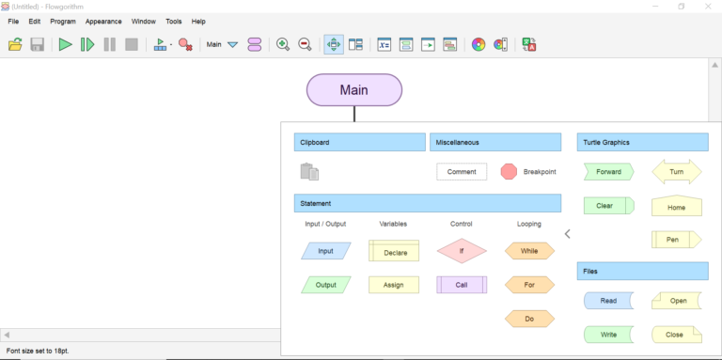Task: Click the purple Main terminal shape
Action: click(x=354, y=90)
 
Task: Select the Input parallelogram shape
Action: click(x=325, y=251)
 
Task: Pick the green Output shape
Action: click(x=325, y=285)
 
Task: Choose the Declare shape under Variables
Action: click(x=394, y=251)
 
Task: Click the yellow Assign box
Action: click(x=394, y=285)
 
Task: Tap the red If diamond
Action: click(x=462, y=251)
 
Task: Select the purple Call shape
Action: click(x=462, y=285)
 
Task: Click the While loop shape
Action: click(x=529, y=251)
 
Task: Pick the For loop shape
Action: click(x=529, y=285)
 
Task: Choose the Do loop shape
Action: click(x=529, y=319)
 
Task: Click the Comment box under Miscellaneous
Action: click(x=462, y=172)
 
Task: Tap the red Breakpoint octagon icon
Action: click(x=509, y=172)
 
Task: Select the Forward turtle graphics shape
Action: click(x=608, y=172)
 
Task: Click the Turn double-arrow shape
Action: click(x=676, y=172)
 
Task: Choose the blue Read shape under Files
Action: click(x=608, y=301)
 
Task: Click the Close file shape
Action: click(x=676, y=335)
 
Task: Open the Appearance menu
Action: click(x=103, y=21)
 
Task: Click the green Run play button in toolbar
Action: click(x=65, y=44)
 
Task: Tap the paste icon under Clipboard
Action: click(x=309, y=172)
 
